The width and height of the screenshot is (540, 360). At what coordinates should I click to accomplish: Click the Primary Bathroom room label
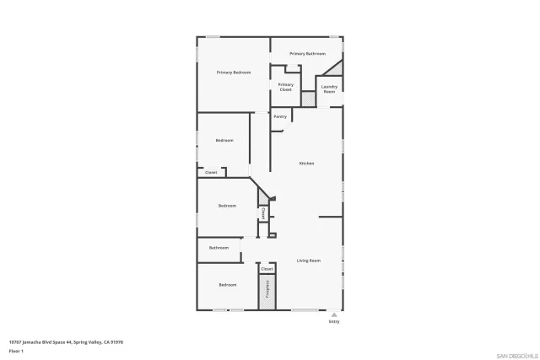[307, 54]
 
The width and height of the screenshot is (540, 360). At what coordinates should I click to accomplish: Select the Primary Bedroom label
[234, 73]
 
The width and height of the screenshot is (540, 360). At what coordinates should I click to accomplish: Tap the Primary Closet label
[286, 86]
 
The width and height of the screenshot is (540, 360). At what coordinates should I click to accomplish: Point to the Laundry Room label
[330, 89]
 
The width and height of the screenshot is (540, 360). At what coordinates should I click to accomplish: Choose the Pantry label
[280, 116]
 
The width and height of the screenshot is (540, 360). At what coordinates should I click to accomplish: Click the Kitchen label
[306, 164]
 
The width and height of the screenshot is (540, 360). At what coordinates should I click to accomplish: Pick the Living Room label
[308, 261]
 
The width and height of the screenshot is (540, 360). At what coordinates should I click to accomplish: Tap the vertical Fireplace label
[267, 289]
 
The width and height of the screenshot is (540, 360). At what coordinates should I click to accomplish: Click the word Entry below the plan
[334, 321]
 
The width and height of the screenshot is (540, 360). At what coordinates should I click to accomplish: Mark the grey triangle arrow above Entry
[334, 314]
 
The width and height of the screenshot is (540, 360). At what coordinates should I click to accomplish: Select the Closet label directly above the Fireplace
[267, 269]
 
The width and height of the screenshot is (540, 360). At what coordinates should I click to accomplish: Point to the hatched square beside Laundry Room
[309, 99]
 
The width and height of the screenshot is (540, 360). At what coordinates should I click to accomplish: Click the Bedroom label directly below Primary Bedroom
[224, 140]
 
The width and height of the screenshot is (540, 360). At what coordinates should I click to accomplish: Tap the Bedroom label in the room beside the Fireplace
[227, 285]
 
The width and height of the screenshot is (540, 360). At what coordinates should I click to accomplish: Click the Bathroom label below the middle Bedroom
[219, 248]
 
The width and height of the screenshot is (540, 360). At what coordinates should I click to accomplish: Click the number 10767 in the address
[15, 341]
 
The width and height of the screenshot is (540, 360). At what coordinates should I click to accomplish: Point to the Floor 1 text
[16, 351]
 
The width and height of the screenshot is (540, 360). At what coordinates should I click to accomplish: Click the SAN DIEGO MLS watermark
[515, 355]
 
